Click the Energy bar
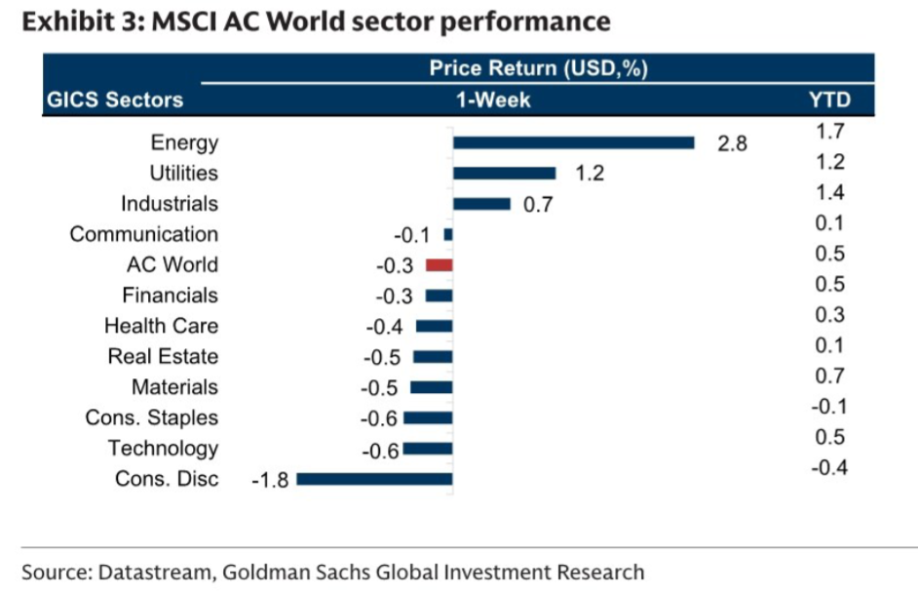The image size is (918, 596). tap(573, 142)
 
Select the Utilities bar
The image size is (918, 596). tap(504, 173)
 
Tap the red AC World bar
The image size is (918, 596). tap(439, 265)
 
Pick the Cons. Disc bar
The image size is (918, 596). tap(374, 479)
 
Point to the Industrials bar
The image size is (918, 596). tap(481, 204)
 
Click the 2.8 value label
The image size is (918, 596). tap(731, 143)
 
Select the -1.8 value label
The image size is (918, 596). tap(269, 480)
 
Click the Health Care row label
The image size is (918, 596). tap(161, 326)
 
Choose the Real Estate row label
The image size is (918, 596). tap(163, 356)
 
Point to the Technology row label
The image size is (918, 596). tap(163, 448)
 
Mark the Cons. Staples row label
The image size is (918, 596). tap(151, 417)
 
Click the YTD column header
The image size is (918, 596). tap(829, 99)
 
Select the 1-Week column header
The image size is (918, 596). tap(495, 99)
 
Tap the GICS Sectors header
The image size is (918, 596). tap(115, 99)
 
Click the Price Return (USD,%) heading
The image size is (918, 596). tap(539, 68)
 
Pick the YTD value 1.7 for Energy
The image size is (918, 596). tap(830, 132)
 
